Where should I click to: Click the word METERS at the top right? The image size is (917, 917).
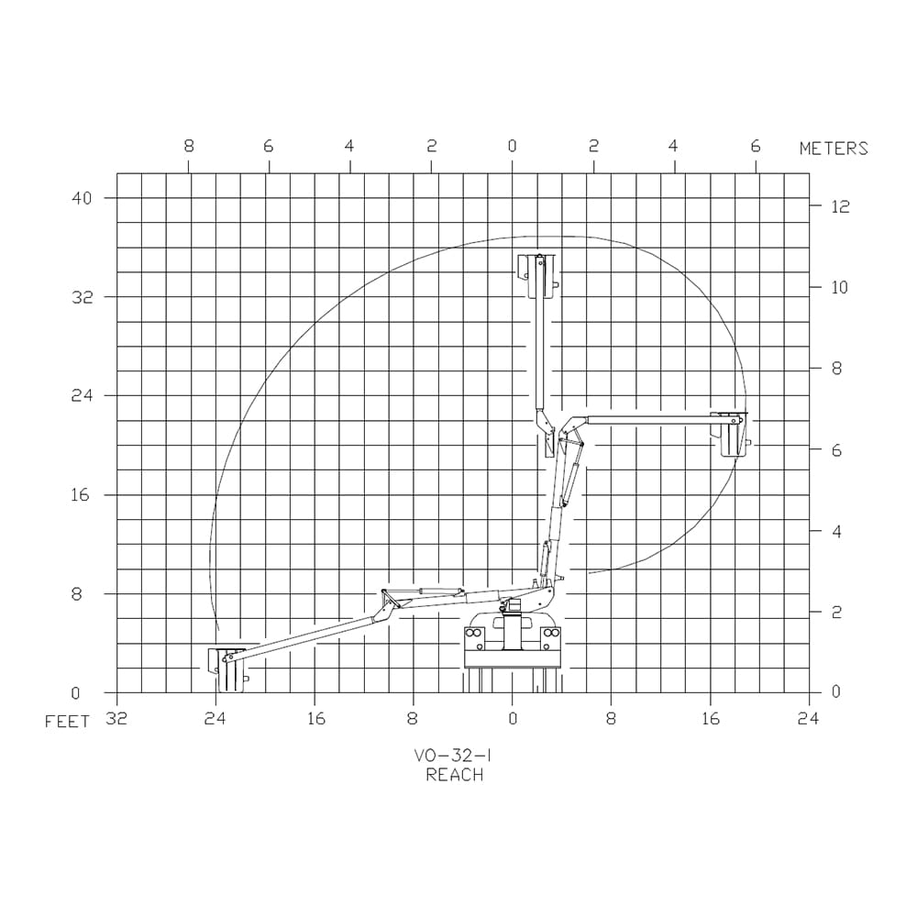[x=834, y=149]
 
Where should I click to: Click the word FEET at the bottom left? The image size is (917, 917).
[x=67, y=722]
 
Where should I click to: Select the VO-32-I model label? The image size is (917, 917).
[x=453, y=756]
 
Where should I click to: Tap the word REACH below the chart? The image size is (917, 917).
[x=455, y=775]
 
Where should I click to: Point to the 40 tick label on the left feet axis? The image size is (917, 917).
[x=82, y=198]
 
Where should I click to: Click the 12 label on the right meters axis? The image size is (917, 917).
[x=840, y=206]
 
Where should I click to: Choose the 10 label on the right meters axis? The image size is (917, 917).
[x=839, y=287]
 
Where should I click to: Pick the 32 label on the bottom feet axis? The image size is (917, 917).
[x=116, y=718]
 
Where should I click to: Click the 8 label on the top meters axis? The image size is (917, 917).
[x=188, y=146]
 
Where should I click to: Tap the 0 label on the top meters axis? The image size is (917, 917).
[x=513, y=146]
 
